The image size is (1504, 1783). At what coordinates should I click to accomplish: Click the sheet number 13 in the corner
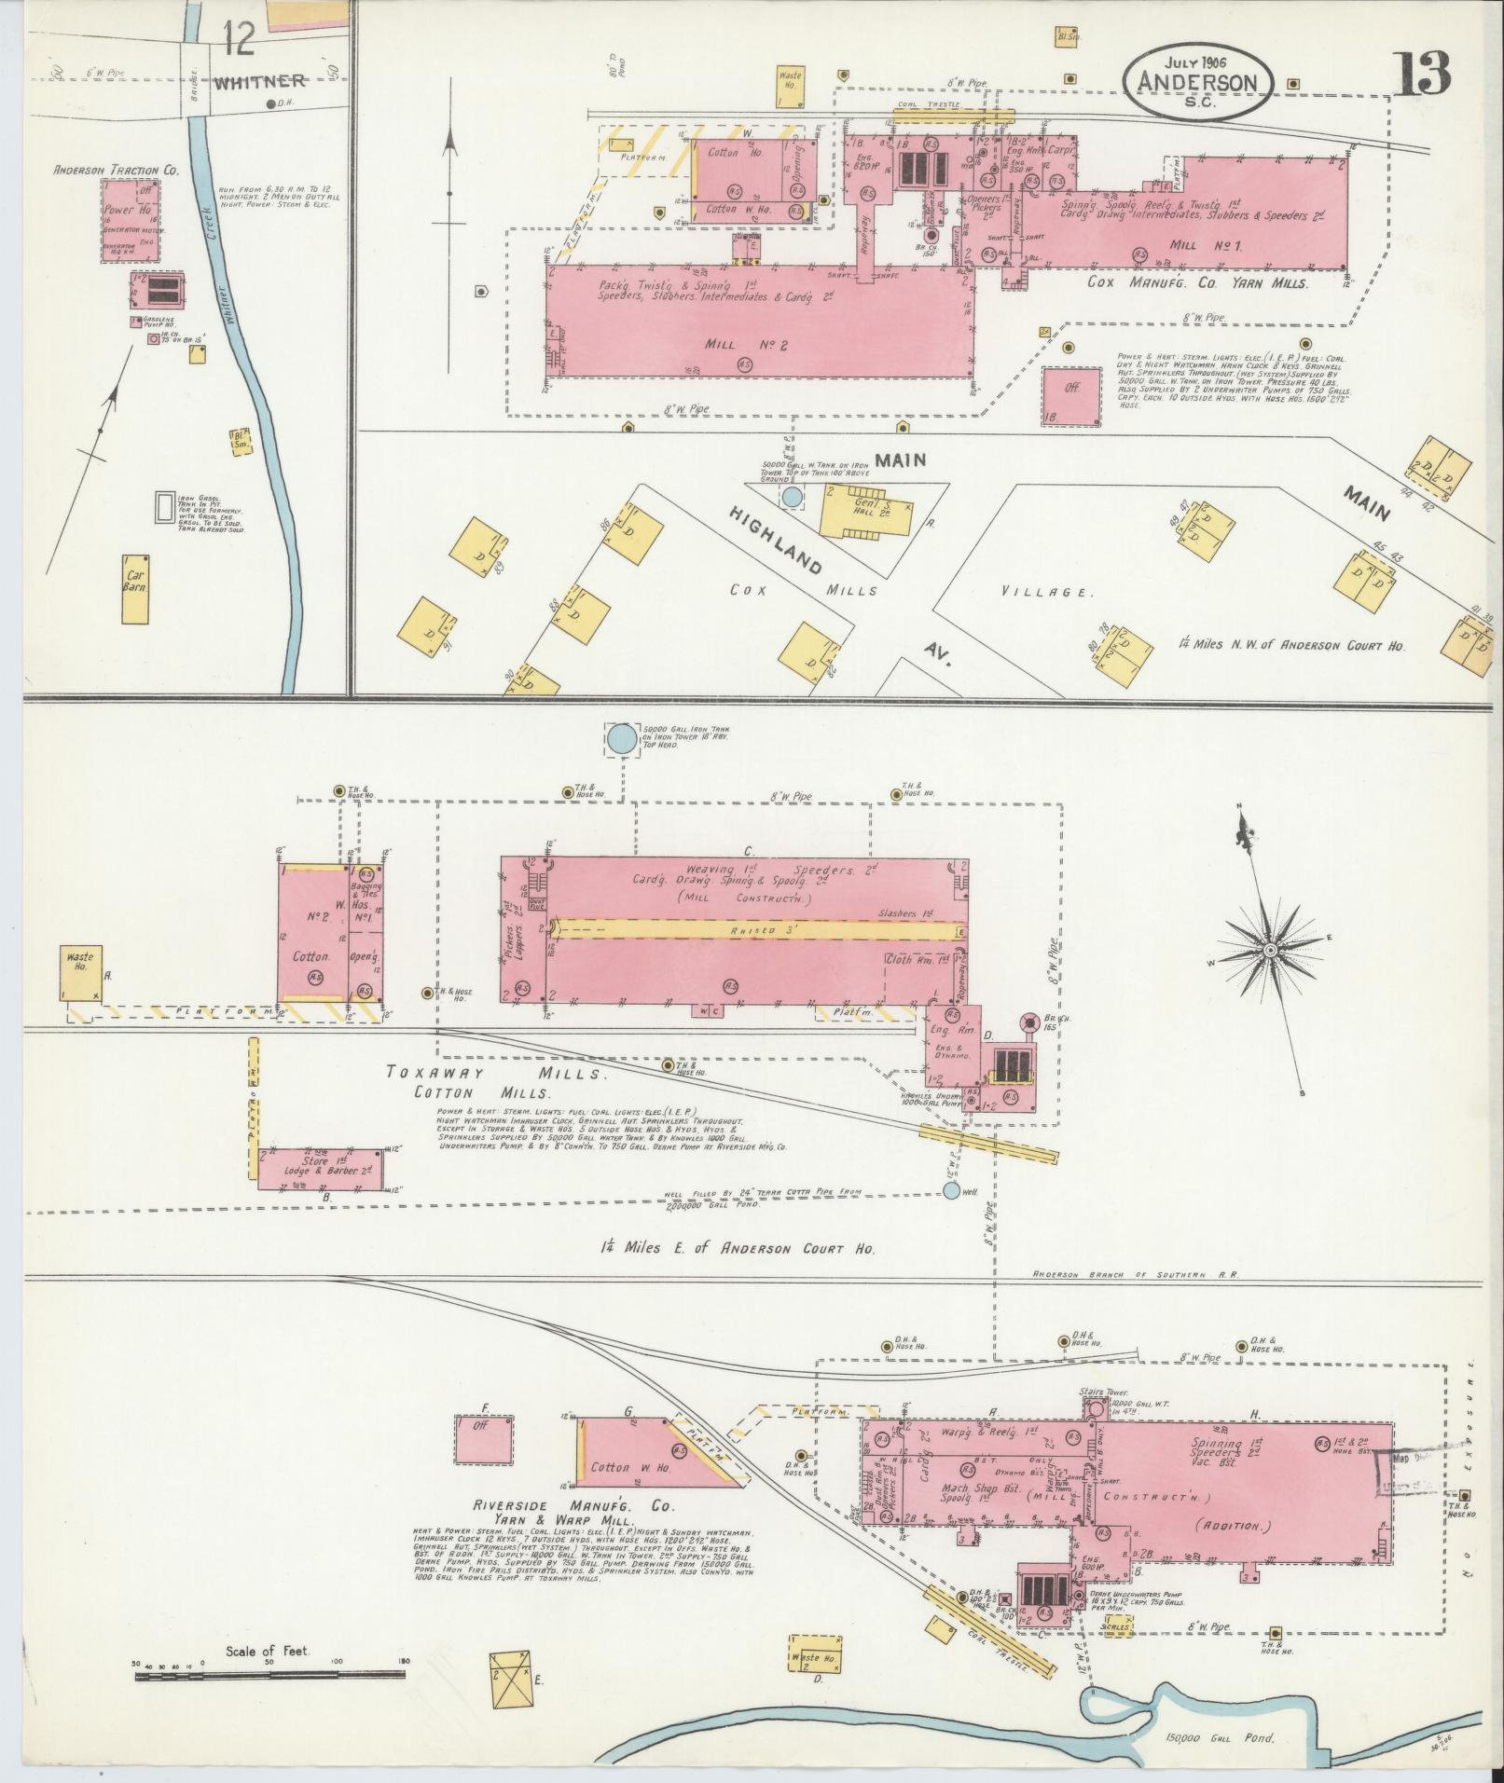click(1423, 74)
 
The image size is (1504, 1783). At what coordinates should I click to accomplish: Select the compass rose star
click(1269, 949)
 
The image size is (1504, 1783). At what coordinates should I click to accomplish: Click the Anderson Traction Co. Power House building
click(131, 220)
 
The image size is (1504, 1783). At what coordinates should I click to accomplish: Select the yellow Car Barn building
click(136, 589)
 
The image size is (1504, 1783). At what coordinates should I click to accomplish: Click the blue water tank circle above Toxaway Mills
click(619, 739)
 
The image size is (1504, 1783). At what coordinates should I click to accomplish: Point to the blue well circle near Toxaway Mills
click(950, 1190)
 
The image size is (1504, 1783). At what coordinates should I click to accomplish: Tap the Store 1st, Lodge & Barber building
click(320, 1169)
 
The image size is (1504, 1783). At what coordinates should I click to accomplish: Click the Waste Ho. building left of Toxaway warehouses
click(81, 973)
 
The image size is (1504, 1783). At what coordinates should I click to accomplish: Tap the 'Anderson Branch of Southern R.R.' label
click(1133, 1274)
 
